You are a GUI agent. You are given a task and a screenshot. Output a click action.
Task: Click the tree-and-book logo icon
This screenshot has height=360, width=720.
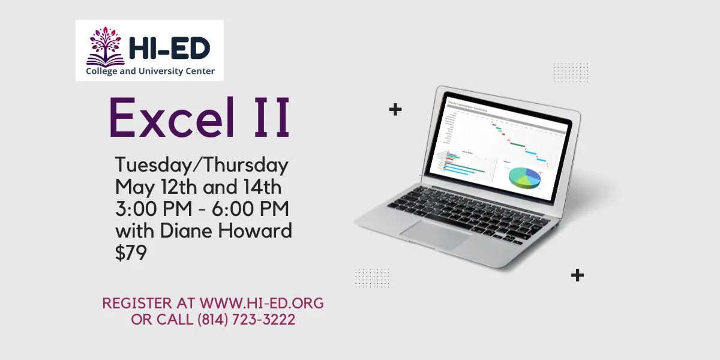[x=106, y=46]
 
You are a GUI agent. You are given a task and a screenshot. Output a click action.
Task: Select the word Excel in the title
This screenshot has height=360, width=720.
[x=169, y=118]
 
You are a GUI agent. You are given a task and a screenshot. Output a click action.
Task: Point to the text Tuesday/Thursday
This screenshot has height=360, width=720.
[x=202, y=166]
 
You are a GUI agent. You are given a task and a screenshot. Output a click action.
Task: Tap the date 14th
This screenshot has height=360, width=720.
[x=260, y=187]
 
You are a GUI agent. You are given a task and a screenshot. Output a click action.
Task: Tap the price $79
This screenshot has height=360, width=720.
[x=131, y=253]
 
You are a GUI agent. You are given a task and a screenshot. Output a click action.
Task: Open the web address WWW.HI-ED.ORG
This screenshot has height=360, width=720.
[x=262, y=303]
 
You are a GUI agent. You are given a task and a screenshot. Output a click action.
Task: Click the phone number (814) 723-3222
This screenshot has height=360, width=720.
[x=246, y=320]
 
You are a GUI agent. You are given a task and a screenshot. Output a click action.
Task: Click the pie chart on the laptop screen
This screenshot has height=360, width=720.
[x=524, y=176]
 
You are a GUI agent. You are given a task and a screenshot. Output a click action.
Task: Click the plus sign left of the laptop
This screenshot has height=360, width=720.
[x=395, y=109]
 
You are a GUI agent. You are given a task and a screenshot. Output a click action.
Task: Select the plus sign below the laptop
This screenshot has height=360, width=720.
[x=577, y=275]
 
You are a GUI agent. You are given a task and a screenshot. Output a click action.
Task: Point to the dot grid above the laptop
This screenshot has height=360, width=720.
[x=571, y=73]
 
